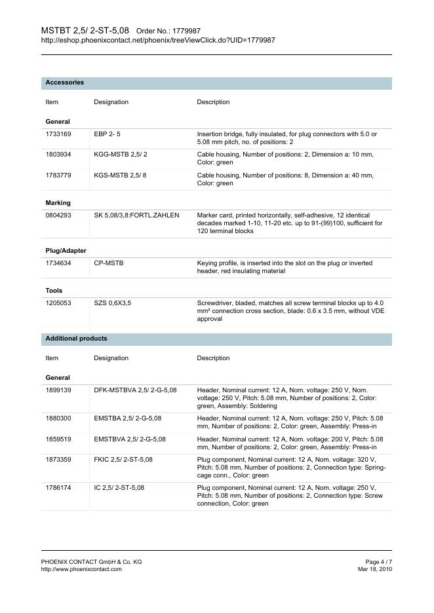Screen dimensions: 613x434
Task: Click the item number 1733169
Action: pyautogui.click(x=58, y=134)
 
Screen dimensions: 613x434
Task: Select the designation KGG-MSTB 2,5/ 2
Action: pyautogui.click(x=121, y=155)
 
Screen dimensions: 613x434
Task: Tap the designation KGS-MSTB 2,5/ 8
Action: pyautogui.click(x=121, y=176)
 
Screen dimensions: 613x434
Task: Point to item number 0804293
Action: pyautogui.click(x=58, y=215)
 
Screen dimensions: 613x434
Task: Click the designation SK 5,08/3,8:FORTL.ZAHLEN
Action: pyautogui.click(x=136, y=215)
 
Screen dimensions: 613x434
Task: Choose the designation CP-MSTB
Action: pyautogui.click(x=109, y=263)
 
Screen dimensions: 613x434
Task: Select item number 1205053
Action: pyautogui.click(x=58, y=303)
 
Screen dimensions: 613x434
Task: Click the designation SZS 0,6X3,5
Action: pyautogui.click(x=113, y=303)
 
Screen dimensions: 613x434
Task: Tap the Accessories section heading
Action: pyautogui.click(x=64, y=83)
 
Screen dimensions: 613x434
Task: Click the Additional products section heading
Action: pyautogui.click(x=76, y=339)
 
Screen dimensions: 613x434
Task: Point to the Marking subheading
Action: pyautogui.click(x=58, y=203)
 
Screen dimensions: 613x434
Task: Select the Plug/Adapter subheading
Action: pyautogui.click(x=66, y=251)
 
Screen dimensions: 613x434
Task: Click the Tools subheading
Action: pyautogui.click(x=54, y=290)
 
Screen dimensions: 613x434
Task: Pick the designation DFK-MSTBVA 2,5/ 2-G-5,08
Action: pyautogui.click(x=135, y=390)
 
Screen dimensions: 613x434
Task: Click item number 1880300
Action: pyautogui.click(x=58, y=418)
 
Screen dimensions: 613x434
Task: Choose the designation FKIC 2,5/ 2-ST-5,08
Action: pyautogui.click(x=123, y=460)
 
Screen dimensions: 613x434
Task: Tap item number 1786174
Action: pyautogui.click(x=58, y=488)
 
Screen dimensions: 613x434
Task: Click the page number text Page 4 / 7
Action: pyautogui.click(x=378, y=562)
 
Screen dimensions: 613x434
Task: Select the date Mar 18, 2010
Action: pyautogui.click(x=375, y=569)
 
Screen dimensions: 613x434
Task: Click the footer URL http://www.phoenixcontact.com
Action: pyautogui.click(x=81, y=569)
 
